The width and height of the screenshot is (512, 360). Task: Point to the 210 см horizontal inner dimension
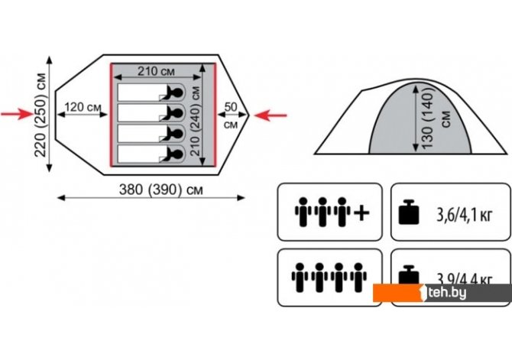(x=160, y=72)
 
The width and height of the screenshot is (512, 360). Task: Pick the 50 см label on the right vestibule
(x=231, y=114)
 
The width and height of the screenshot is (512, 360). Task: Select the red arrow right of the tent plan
(x=271, y=115)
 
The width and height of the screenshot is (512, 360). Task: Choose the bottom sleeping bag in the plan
(x=150, y=154)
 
